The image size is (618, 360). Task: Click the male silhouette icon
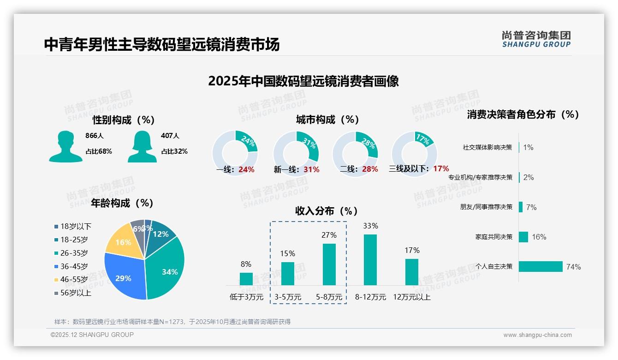point(65,146)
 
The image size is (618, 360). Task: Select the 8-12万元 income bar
point(370,259)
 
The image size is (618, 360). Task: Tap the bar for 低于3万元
point(246,279)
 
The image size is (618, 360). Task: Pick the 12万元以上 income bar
point(412,272)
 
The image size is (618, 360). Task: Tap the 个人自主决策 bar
point(541,266)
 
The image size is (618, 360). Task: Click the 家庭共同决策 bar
point(523,237)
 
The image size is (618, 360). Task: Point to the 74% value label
point(574,267)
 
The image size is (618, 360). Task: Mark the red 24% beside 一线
point(246,169)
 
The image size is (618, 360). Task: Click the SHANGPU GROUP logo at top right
point(536,39)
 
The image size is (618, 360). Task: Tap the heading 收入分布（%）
point(327,211)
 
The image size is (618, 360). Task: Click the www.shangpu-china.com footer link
point(537,335)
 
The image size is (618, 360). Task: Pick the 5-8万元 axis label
point(329,297)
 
